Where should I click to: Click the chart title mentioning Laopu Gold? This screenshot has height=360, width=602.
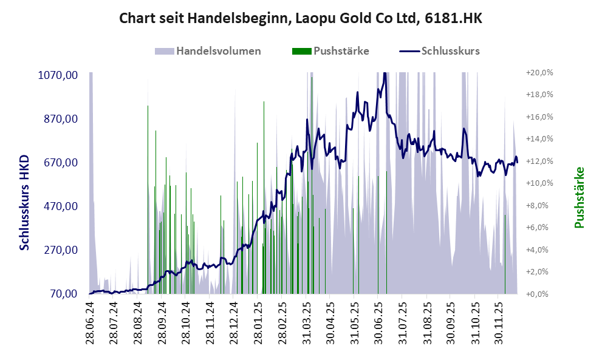(301, 18)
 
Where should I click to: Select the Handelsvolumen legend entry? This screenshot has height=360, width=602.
(208, 51)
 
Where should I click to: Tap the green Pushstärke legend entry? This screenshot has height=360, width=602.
(331, 51)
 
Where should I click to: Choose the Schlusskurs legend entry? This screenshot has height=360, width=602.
(440, 51)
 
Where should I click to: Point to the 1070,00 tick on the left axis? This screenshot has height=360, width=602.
(58, 75)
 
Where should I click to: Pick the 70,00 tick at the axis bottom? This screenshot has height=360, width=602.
(63, 294)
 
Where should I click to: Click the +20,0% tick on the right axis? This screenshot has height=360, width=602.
(539, 73)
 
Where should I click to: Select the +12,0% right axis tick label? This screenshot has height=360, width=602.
(539, 161)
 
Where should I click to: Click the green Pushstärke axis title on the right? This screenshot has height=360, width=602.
(580, 198)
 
